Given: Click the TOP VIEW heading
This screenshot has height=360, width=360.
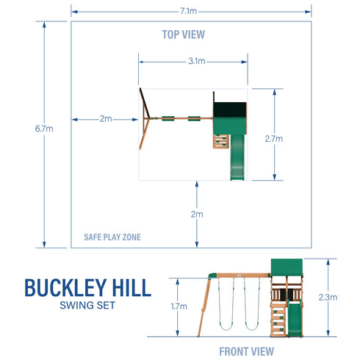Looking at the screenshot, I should pyautogui.click(x=183, y=34).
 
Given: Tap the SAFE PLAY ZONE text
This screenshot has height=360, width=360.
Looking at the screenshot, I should pyautogui.click(x=112, y=237).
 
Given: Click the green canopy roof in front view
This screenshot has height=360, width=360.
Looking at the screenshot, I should pyautogui.click(x=286, y=267).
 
